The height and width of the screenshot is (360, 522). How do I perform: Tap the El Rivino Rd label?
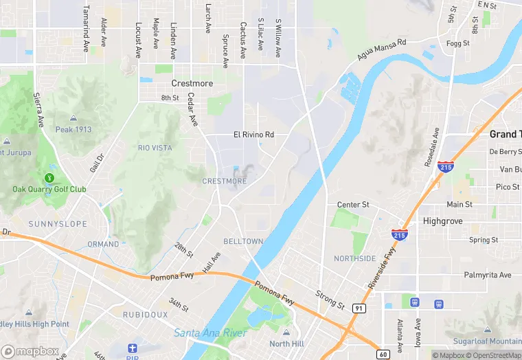253,135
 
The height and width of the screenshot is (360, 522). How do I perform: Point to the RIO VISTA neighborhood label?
155,148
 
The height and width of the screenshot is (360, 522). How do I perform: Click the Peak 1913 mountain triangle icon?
73,119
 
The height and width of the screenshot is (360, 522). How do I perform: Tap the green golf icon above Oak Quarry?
49,178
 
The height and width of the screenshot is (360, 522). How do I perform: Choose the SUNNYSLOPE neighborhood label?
58,224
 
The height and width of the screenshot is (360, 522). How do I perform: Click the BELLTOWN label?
243,241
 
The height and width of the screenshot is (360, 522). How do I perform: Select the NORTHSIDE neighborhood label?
354,258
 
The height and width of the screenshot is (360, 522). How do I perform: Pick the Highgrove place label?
443,221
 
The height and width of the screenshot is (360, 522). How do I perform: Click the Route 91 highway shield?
359,308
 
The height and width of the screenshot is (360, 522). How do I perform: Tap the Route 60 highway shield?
383,354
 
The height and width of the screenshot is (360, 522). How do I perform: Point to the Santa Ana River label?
210,333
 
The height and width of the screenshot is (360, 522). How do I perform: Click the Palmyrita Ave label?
488,275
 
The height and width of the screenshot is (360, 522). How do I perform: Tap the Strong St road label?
330,300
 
